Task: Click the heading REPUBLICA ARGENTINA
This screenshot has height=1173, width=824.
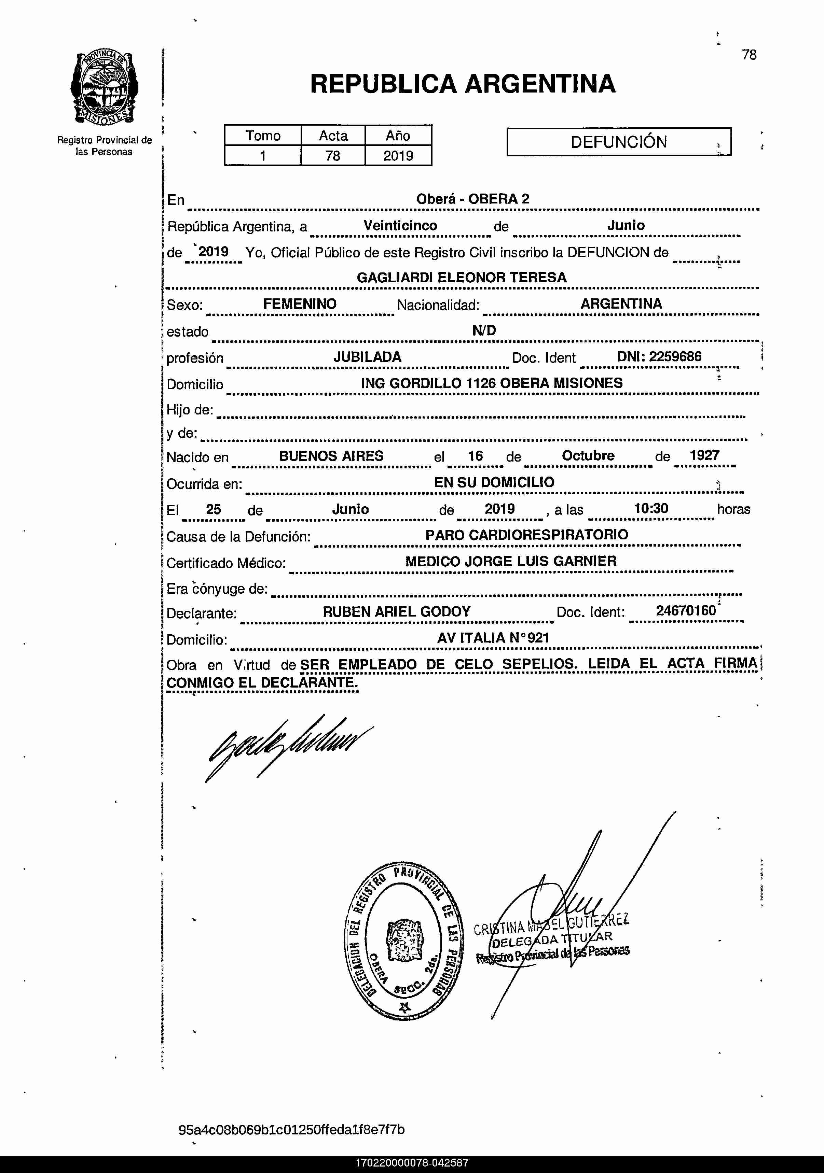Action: coord(463,84)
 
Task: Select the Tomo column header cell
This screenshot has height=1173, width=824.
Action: coord(263,136)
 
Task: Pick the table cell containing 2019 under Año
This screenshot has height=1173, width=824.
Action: coord(398,155)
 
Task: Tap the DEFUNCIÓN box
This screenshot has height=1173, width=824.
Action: coord(618,142)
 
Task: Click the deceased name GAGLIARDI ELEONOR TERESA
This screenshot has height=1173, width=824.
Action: coord(462,278)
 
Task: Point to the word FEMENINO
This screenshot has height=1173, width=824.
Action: coord(300,304)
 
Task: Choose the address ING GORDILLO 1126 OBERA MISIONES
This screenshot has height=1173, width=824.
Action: coord(492,383)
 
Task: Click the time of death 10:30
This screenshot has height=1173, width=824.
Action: coord(651,508)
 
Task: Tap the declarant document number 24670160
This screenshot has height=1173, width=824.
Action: coord(686,610)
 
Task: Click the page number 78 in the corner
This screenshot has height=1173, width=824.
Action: coord(749,55)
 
